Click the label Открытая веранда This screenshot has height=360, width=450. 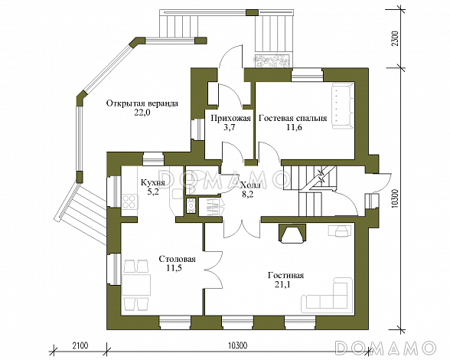click(x=142, y=103)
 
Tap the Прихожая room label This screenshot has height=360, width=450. click(x=231, y=118)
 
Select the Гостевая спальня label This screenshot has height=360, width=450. click(x=292, y=119)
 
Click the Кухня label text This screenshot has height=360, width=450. click(x=153, y=183)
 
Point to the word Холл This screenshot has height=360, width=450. click(x=250, y=185)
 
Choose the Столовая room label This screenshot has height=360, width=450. click(x=177, y=259)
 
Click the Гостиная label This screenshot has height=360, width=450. click(x=286, y=275)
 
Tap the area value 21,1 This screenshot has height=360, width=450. click(x=282, y=285)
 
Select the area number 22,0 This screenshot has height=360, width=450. click(x=142, y=113)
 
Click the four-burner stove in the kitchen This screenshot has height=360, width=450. click(x=129, y=201)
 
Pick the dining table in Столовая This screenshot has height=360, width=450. click(x=136, y=285)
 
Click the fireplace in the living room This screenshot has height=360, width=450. click(x=292, y=234)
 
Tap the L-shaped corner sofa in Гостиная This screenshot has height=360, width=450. click(x=328, y=296)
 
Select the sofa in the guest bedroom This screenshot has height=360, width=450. click(x=342, y=106)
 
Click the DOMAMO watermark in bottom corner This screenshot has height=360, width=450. click(x=385, y=348)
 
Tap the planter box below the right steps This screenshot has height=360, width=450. click(x=272, y=61)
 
